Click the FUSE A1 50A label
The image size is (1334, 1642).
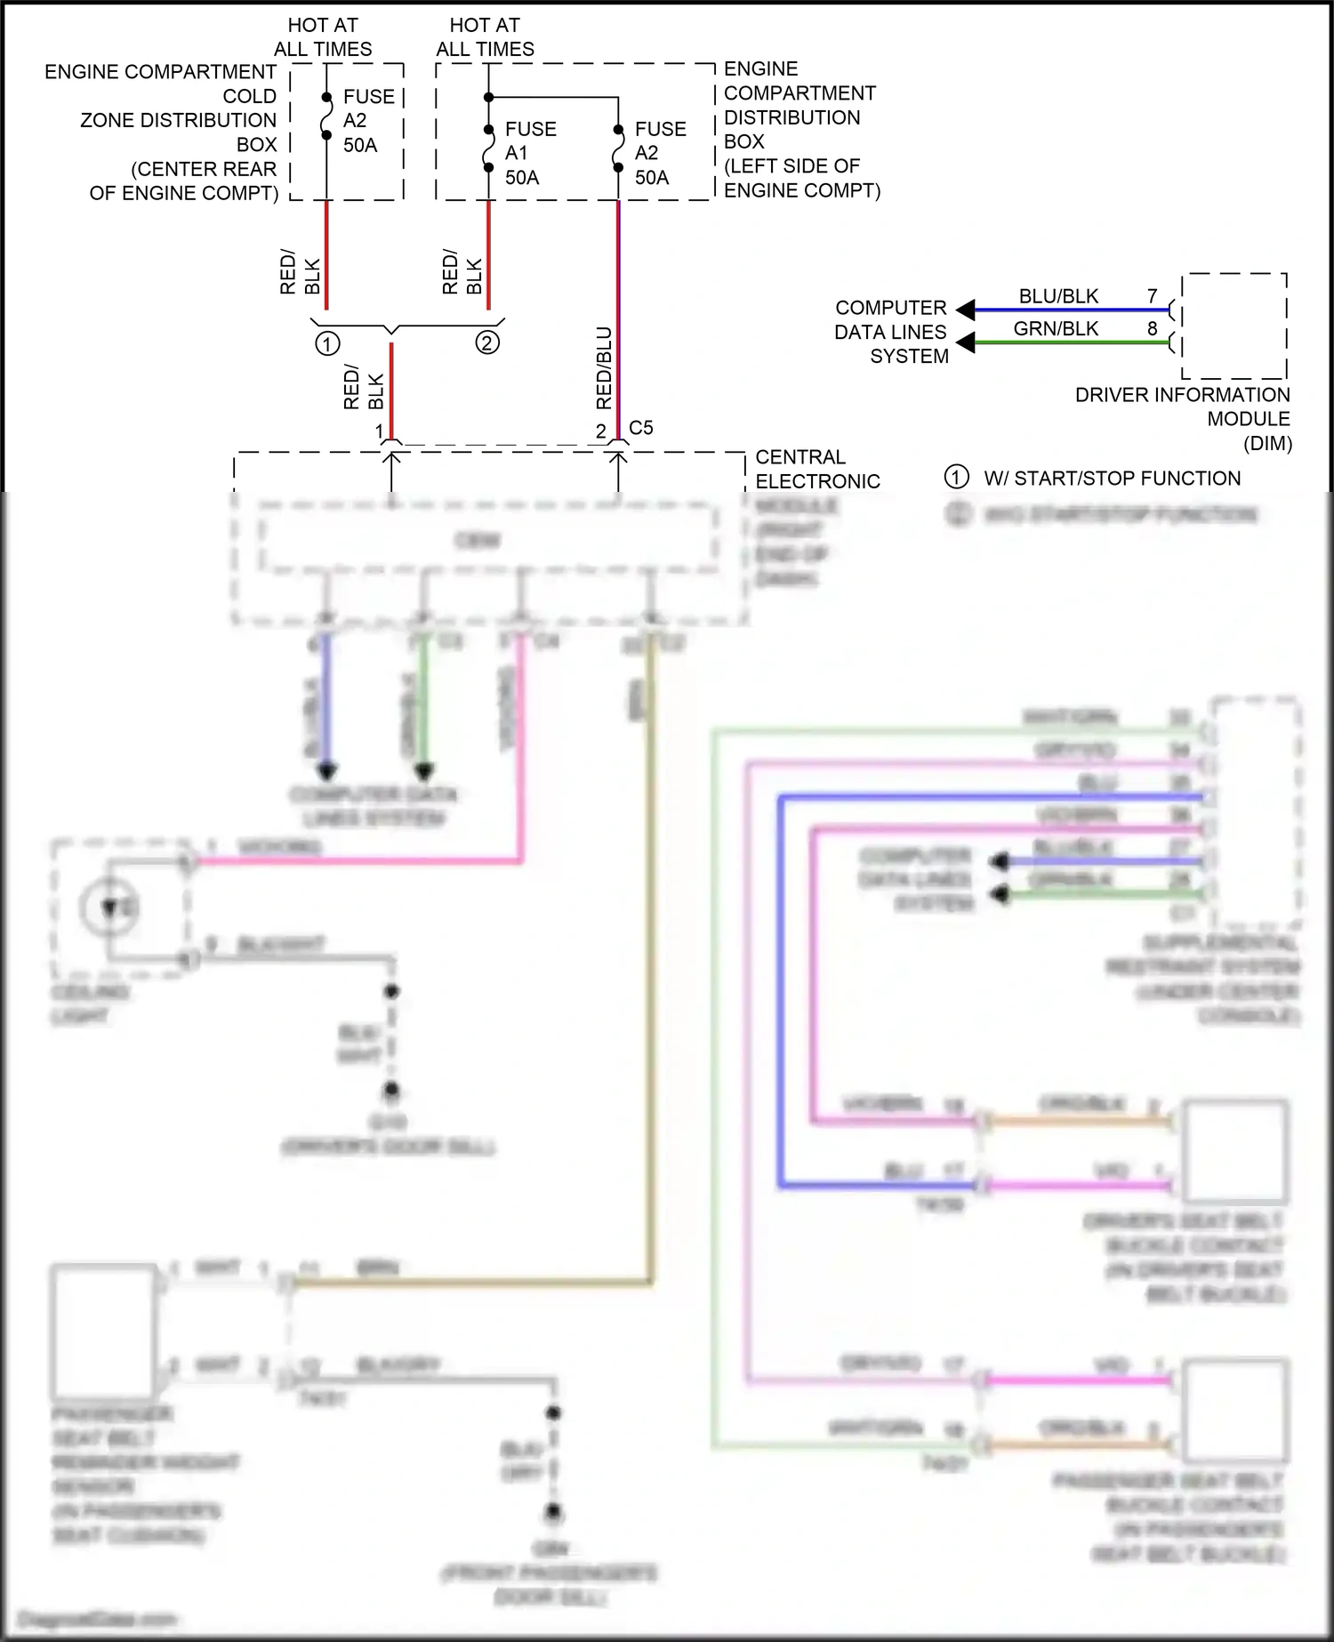(530, 153)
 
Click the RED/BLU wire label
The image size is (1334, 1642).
(604, 367)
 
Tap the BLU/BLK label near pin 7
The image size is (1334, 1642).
(1058, 296)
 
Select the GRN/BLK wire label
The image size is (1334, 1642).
(1056, 329)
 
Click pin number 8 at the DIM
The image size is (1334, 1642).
(1152, 329)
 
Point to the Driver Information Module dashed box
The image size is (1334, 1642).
(1234, 326)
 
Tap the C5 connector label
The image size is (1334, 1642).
(640, 428)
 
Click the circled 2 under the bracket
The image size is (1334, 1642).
(487, 342)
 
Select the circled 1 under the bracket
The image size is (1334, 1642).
(327, 343)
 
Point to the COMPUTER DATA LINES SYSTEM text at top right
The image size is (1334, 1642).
(891, 332)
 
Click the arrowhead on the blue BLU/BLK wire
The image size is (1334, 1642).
(965, 310)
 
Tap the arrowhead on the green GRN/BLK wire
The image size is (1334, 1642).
(965, 342)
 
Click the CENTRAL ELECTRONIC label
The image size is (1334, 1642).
(816, 469)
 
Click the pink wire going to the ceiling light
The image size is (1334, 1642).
(356, 861)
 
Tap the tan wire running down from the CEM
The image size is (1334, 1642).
(651, 978)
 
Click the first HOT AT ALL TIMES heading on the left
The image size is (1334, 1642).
(322, 37)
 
